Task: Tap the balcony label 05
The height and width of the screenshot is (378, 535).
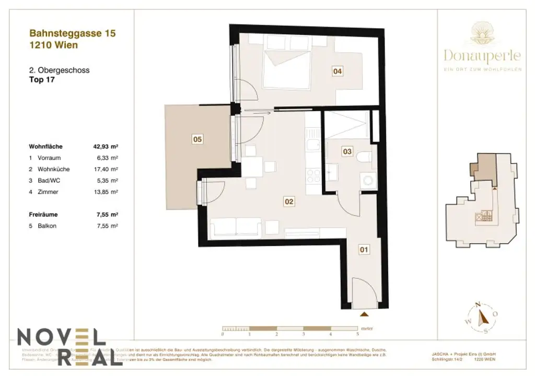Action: point(197,139)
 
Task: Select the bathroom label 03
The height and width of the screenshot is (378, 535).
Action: point(347,151)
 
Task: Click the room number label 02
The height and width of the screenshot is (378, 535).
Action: point(287,200)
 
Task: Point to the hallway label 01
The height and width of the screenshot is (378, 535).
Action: point(364,250)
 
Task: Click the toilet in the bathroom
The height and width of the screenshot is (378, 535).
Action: point(364,157)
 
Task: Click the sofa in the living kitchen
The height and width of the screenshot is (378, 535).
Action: point(235,228)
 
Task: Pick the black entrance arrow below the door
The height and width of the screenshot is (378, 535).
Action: point(364,314)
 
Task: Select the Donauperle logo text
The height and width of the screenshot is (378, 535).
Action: point(482,55)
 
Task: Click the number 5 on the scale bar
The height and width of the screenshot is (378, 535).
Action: point(357,333)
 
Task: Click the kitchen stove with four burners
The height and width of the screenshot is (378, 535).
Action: point(314,175)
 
